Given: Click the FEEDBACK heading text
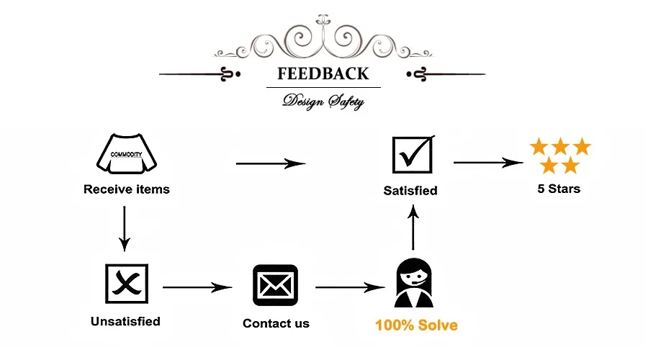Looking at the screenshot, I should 323,74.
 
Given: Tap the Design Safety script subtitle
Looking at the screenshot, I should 323,101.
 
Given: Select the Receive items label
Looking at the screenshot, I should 127,190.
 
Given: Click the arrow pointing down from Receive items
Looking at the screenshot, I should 125,229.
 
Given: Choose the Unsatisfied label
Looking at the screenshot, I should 125,321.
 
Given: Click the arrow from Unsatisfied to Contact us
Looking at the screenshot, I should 198,287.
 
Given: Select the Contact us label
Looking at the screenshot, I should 276,323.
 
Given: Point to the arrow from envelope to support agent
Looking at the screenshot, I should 350,287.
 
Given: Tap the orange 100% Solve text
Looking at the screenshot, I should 416,325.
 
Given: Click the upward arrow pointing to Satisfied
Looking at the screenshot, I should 413,228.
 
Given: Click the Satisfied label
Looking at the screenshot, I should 410,191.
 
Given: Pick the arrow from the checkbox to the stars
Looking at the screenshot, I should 488,163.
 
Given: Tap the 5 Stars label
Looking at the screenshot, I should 559,189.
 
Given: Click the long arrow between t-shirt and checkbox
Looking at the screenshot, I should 271,163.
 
